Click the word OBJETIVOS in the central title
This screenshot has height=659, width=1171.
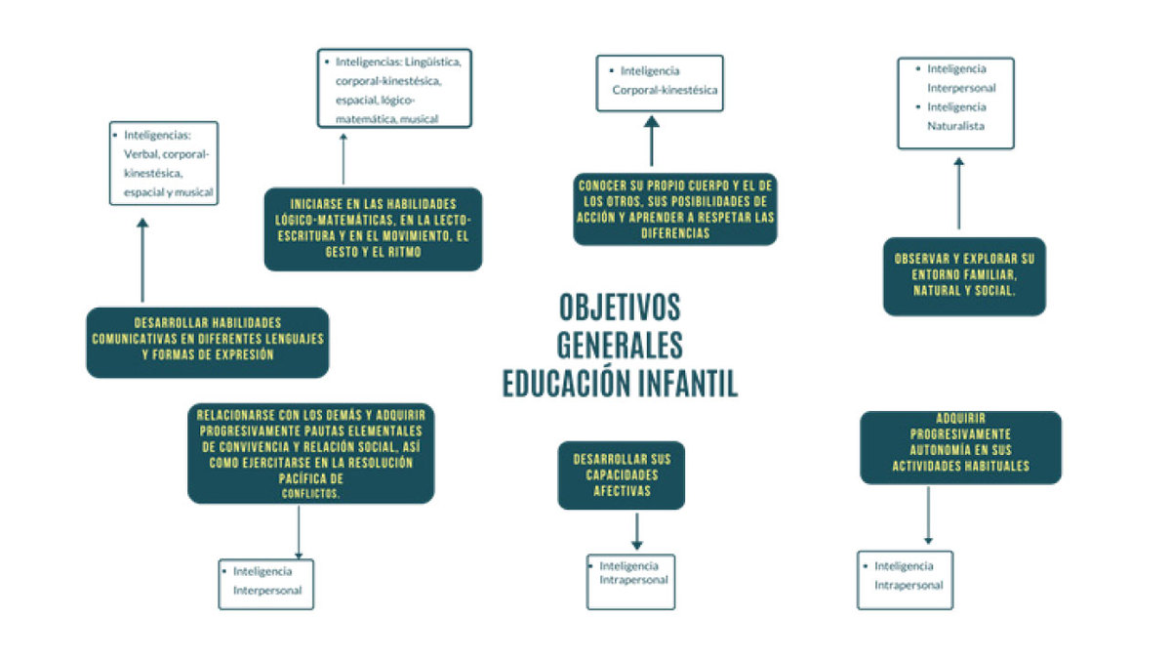click(x=620, y=307)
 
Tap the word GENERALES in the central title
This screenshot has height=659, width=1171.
click(x=620, y=346)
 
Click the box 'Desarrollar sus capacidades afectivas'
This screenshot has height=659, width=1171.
click(x=621, y=474)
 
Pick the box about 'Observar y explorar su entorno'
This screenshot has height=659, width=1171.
click(x=964, y=276)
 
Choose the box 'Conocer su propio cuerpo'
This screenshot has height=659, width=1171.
click(x=675, y=209)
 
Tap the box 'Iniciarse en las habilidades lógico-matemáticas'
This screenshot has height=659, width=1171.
click(x=373, y=229)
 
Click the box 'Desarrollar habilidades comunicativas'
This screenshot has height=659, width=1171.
click(x=208, y=342)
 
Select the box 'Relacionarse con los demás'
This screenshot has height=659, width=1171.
click(x=311, y=453)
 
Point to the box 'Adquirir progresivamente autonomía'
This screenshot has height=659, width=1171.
click(x=961, y=447)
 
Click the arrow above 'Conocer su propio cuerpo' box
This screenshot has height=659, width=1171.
click(x=652, y=141)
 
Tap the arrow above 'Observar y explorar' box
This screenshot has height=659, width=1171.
click(x=958, y=193)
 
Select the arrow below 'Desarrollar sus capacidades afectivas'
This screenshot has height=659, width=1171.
click(x=636, y=531)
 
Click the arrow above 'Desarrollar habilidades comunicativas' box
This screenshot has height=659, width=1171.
click(x=142, y=260)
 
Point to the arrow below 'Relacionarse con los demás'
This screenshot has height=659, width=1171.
click(x=299, y=532)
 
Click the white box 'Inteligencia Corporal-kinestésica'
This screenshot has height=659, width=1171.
click(x=660, y=83)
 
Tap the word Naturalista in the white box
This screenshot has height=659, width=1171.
click(x=955, y=126)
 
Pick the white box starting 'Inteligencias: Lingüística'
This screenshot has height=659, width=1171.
click(x=394, y=89)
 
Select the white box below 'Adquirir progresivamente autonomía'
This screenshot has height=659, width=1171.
click(x=905, y=580)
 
